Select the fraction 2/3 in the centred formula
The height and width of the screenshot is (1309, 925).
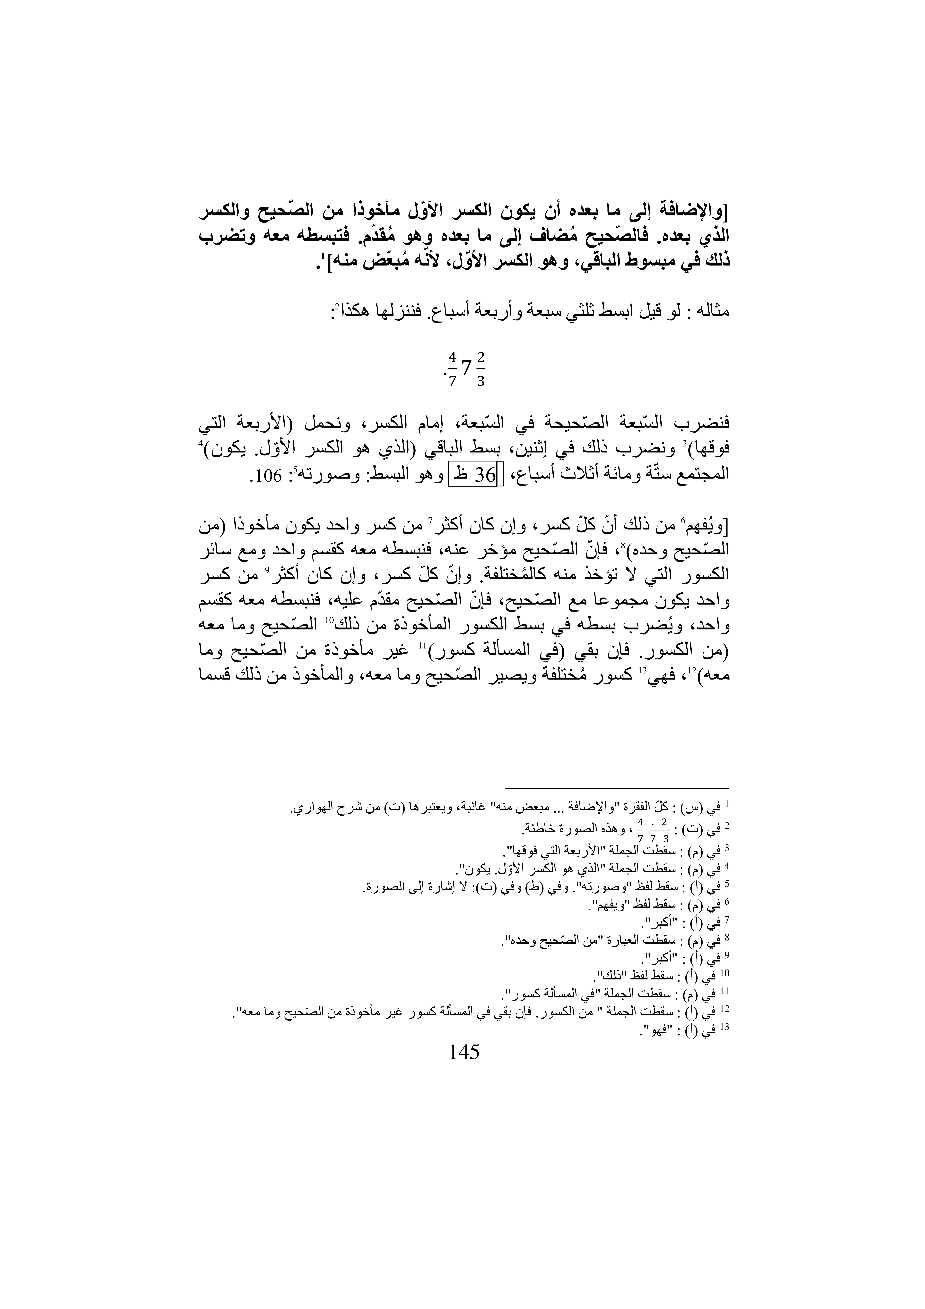coord(480,369)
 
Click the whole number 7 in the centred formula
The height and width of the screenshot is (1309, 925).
coord(466,369)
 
